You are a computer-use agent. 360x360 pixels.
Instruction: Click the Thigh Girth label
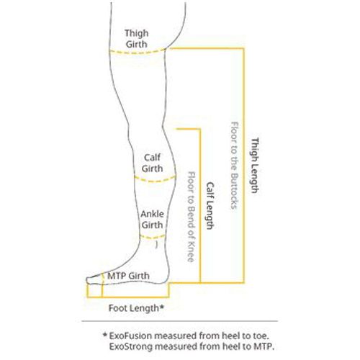[x=136, y=39]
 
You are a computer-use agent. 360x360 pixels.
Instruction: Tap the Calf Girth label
[x=152, y=163]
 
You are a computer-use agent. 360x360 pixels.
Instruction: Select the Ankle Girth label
[x=152, y=220]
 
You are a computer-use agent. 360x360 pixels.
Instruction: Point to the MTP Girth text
[x=128, y=276]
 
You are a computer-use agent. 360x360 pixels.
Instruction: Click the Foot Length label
[x=136, y=308]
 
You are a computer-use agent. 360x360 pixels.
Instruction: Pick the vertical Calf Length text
[x=210, y=206]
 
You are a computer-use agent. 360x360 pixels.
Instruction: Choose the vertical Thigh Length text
[x=255, y=166]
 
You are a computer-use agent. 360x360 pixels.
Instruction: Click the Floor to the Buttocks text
[x=235, y=166]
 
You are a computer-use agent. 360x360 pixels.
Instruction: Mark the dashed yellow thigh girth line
[x=138, y=53]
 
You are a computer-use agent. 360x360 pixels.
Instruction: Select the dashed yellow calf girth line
[x=155, y=180]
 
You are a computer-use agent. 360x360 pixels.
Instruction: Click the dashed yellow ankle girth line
[x=153, y=238]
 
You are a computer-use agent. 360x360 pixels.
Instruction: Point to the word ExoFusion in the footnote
[x=130, y=336]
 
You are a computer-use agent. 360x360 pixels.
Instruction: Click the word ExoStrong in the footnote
[x=131, y=346]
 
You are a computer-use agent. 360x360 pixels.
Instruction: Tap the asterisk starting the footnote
[x=104, y=334]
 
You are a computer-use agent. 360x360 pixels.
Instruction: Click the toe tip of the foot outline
[x=87, y=280]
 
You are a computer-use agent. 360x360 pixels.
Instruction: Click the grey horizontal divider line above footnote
[x=180, y=321]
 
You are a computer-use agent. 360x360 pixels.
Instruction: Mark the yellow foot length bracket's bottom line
[x=128, y=297]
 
